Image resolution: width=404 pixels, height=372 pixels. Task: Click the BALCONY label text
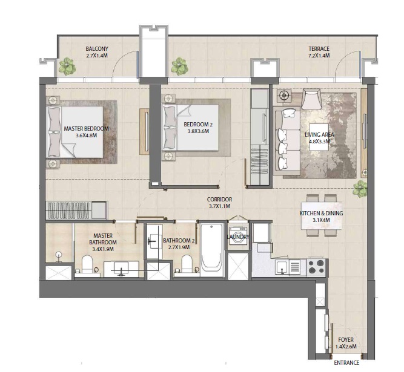[x=96, y=49]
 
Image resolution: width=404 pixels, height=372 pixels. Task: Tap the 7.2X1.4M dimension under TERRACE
[x=319, y=56]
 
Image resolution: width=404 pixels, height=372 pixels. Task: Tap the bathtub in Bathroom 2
[x=211, y=250]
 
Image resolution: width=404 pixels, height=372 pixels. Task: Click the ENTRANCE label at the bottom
[x=346, y=363]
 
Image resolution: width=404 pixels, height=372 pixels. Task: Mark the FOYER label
[x=346, y=340]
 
